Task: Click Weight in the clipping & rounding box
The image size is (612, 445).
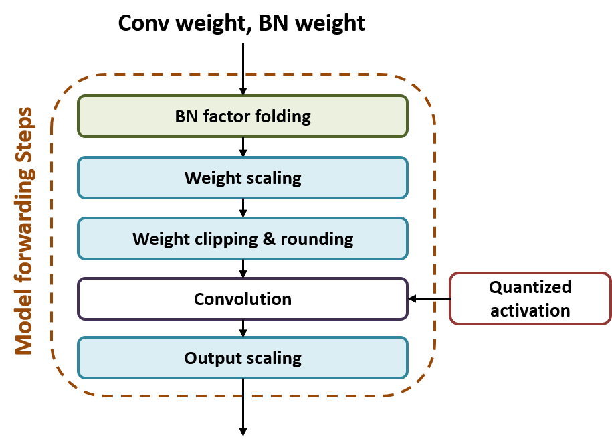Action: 156,239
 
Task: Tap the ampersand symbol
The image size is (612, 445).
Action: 269,239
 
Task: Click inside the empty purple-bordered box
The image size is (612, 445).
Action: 243,298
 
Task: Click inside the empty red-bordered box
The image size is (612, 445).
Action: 530,298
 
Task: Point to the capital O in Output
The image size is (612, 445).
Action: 191,358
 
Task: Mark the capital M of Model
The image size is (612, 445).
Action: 24,346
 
